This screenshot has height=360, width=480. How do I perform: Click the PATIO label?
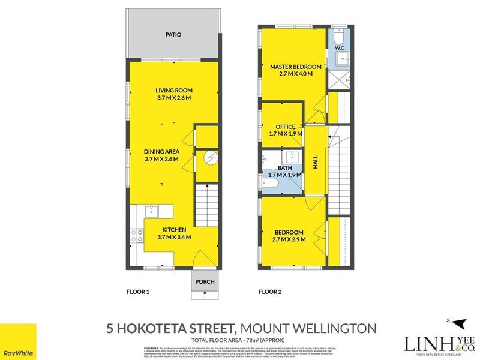coord(173,35)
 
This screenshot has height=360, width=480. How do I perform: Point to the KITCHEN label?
coord(173,229)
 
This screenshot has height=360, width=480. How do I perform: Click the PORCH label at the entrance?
coord(205,281)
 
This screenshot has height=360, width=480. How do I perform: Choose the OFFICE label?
coord(285,127)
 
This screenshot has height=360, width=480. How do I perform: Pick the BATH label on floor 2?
coord(285,169)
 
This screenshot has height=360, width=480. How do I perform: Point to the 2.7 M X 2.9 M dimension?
coord(289,239)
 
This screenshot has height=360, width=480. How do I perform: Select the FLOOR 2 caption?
coord(269,292)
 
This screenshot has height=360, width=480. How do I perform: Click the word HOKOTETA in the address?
coord(177,328)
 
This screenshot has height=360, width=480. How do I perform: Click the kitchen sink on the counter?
coord(152,210)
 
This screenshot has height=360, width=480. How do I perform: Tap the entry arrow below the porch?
coord(205,294)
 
